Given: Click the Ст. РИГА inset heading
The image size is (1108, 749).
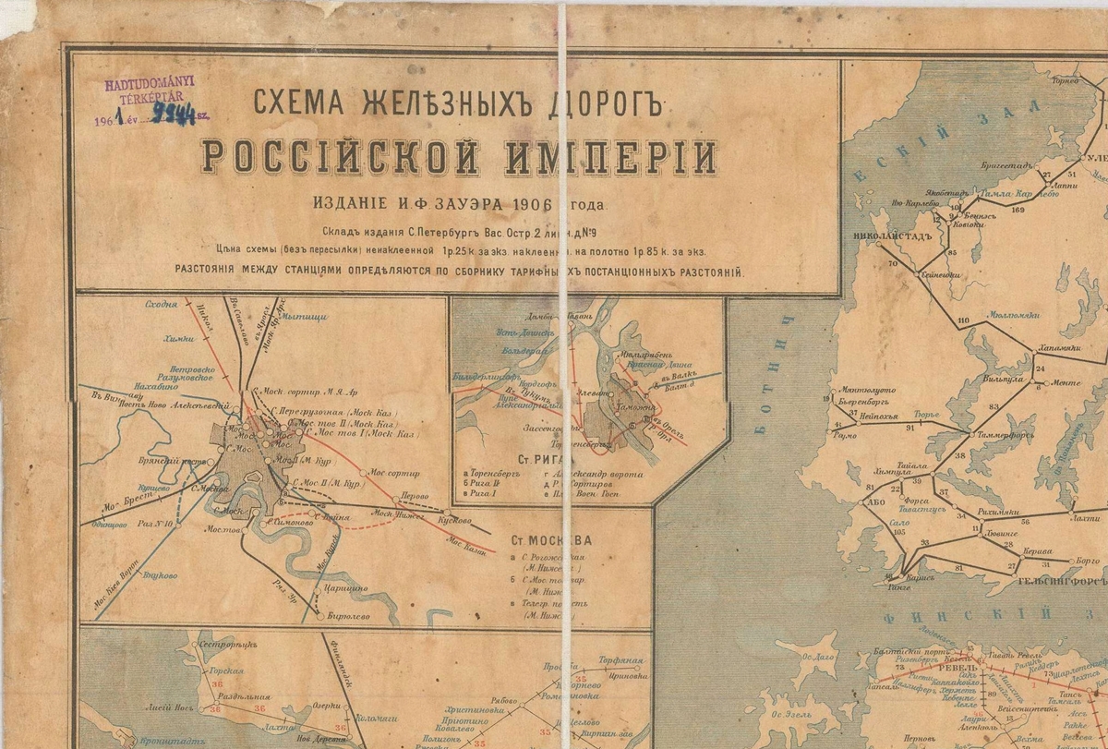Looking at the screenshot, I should coord(547,458).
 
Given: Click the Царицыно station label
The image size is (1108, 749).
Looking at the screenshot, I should coord(344,587).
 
